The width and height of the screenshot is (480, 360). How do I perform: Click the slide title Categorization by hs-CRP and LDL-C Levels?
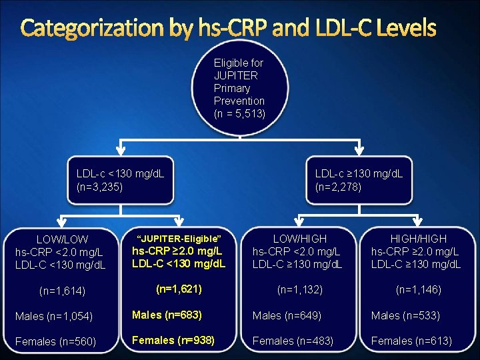tap(229, 28)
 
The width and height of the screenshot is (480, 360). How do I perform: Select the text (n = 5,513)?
tap(239, 114)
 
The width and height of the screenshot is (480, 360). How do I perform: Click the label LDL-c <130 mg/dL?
tap(121, 174)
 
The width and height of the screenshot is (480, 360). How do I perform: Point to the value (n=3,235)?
tap(100, 187)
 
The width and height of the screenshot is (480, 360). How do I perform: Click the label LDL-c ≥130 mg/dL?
tap(359, 174)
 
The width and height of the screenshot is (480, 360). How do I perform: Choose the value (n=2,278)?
tap(339, 187)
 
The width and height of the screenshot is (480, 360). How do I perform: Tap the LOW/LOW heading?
tap(63, 239)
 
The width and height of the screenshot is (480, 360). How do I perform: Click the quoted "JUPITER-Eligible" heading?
tap(178, 238)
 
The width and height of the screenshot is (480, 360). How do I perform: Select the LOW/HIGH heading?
tap(300, 238)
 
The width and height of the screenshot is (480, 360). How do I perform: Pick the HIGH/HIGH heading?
tap(418, 238)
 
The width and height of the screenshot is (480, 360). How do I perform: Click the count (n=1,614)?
tap(62, 290)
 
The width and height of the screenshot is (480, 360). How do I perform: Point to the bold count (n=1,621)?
tap(178, 289)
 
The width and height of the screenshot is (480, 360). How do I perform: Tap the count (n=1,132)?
tap(300, 289)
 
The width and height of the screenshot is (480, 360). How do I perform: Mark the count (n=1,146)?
tap(418, 289)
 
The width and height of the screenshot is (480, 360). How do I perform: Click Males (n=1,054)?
tap(54, 315)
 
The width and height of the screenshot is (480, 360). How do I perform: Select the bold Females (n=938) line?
tap(173, 340)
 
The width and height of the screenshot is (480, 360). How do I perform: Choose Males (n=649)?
tap(287, 315)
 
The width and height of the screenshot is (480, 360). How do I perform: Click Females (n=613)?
tap(411, 341)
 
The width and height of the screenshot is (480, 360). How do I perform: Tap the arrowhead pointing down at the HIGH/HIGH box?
tap(418, 223)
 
